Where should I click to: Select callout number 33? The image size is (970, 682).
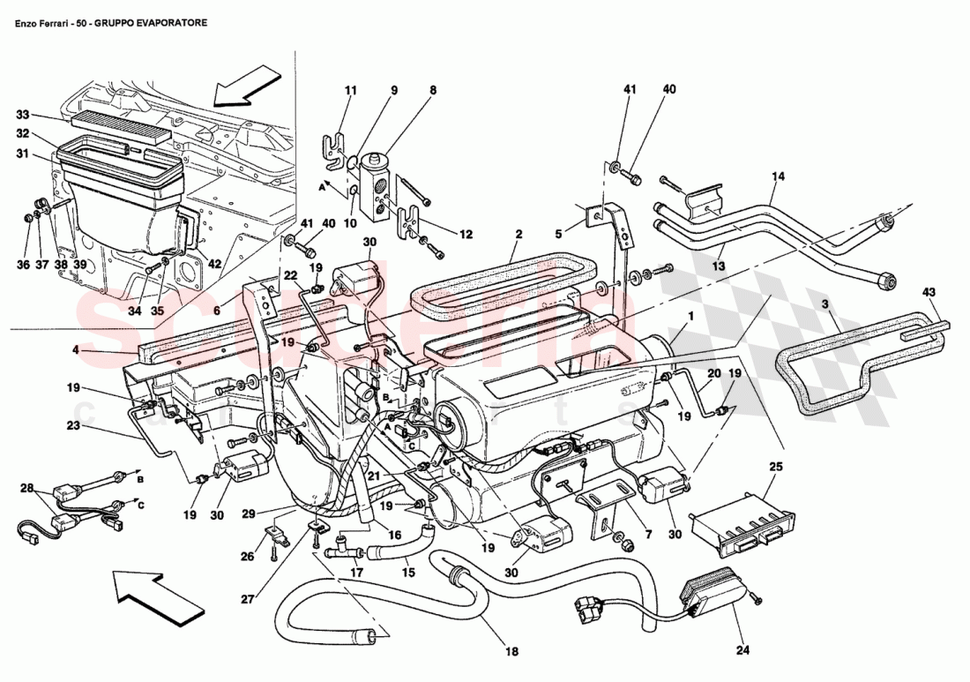click(23, 115)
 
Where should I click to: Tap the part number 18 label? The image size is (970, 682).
click(512, 652)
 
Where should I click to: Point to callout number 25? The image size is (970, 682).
click(774, 466)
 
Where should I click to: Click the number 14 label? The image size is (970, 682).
click(777, 176)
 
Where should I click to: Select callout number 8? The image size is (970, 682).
click(433, 90)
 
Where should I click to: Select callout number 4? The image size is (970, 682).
click(78, 350)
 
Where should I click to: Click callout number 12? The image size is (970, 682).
click(466, 235)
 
